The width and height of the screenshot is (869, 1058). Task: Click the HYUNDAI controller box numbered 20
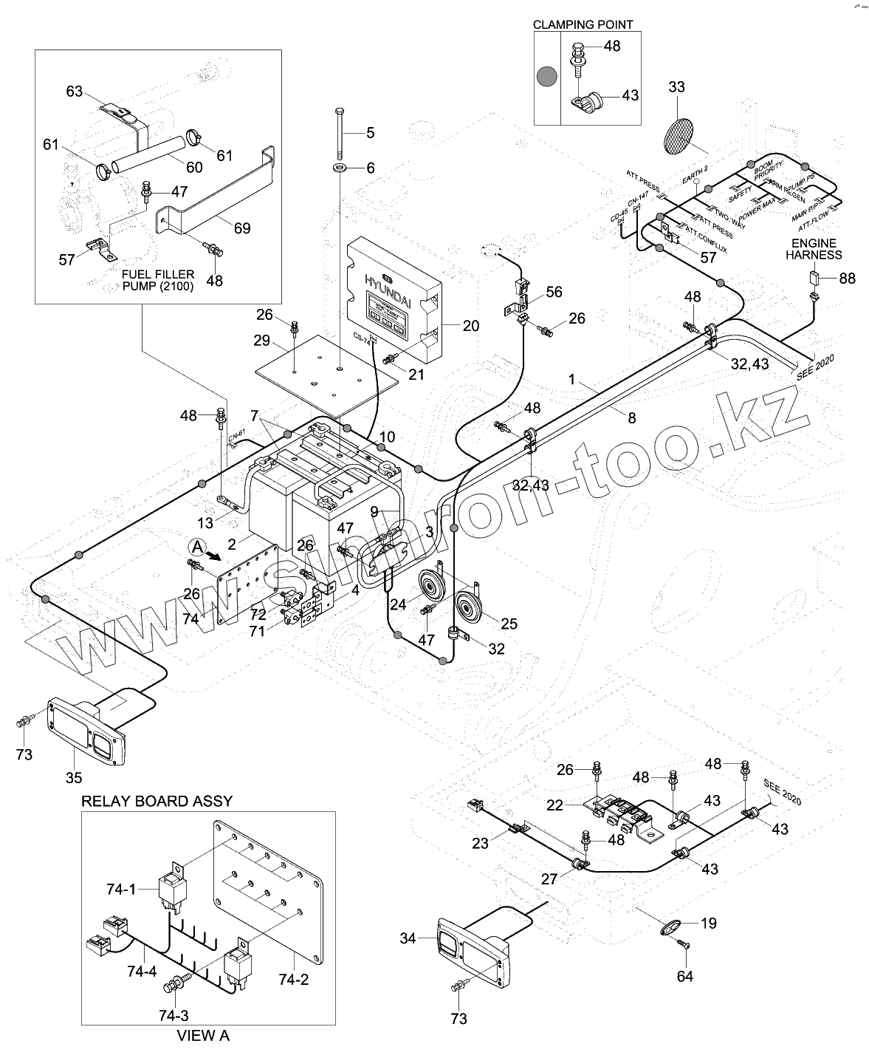(x=395, y=296)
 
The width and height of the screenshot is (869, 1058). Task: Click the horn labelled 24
(x=430, y=588)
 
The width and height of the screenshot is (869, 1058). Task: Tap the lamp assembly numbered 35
(x=87, y=731)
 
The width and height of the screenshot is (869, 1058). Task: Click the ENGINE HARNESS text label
(x=813, y=249)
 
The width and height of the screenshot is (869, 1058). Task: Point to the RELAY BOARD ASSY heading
(x=157, y=801)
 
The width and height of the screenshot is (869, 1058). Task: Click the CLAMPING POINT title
(x=583, y=24)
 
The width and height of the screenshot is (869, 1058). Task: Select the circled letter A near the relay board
(x=196, y=547)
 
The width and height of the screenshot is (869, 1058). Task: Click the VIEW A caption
(x=203, y=1036)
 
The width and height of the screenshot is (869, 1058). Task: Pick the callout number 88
(x=847, y=278)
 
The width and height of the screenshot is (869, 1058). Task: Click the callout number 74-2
(x=293, y=980)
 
